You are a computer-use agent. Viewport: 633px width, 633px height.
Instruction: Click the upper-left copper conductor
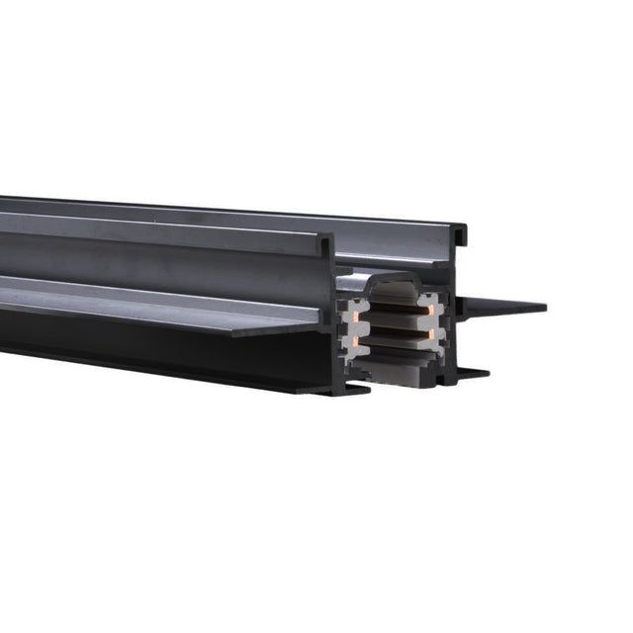[350, 309]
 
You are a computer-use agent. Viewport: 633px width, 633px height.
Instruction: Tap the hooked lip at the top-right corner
[461, 235]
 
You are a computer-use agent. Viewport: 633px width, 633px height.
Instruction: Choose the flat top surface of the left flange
[148, 297]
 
